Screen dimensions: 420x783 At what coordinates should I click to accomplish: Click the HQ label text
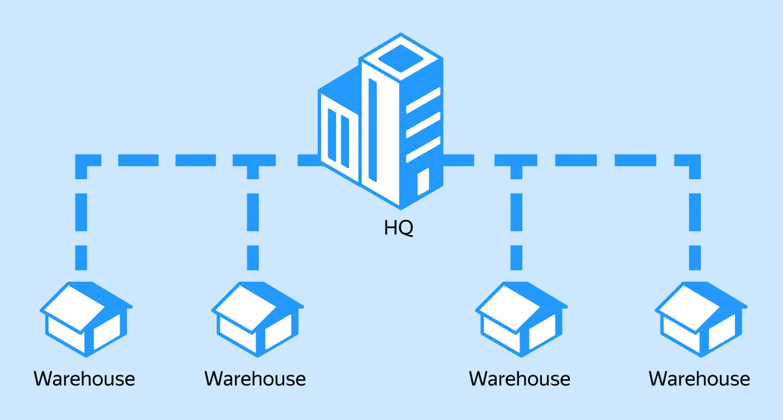point(399,228)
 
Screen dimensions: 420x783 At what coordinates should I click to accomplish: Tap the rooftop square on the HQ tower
point(402,54)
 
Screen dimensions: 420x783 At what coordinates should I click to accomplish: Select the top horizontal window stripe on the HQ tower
point(423,100)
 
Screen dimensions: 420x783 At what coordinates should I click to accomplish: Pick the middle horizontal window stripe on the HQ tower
point(423,124)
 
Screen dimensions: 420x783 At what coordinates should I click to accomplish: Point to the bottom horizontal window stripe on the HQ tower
point(423,149)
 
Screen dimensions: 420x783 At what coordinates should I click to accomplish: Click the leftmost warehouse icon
point(86,319)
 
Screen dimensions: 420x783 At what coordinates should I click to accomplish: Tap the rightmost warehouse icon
point(701,319)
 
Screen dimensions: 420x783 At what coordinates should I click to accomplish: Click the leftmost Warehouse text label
point(84,379)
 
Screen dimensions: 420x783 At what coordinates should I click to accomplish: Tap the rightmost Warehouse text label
point(699,379)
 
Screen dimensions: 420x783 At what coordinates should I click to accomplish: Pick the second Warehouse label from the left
point(255,379)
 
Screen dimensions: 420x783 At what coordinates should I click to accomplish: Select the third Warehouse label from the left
point(520,379)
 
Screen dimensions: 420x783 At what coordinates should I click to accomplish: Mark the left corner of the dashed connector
point(82,161)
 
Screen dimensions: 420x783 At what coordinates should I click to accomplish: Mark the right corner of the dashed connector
point(695,161)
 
